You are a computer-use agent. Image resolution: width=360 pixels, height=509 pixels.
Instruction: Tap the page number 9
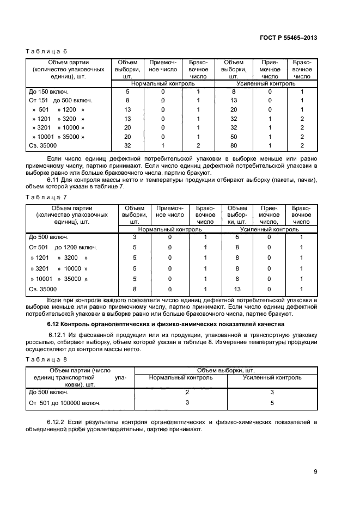point(315,471)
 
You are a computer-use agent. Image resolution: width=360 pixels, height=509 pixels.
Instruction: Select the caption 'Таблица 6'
point(47,51)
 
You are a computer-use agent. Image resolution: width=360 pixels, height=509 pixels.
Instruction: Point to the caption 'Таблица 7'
point(47,197)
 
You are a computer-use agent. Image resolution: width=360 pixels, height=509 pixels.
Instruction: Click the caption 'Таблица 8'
point(47,359)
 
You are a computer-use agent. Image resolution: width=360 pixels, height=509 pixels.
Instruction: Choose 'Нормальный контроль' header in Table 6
point(163,84)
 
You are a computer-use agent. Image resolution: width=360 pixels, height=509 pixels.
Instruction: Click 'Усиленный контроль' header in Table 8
point(272,377)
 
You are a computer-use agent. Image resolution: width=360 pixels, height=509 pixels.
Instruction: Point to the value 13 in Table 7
point(237,289)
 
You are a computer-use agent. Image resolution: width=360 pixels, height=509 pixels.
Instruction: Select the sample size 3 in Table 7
point(135,237)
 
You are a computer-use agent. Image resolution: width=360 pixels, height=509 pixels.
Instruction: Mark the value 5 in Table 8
point(272,403)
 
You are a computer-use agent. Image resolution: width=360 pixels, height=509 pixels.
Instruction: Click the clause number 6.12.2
point(58,422)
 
